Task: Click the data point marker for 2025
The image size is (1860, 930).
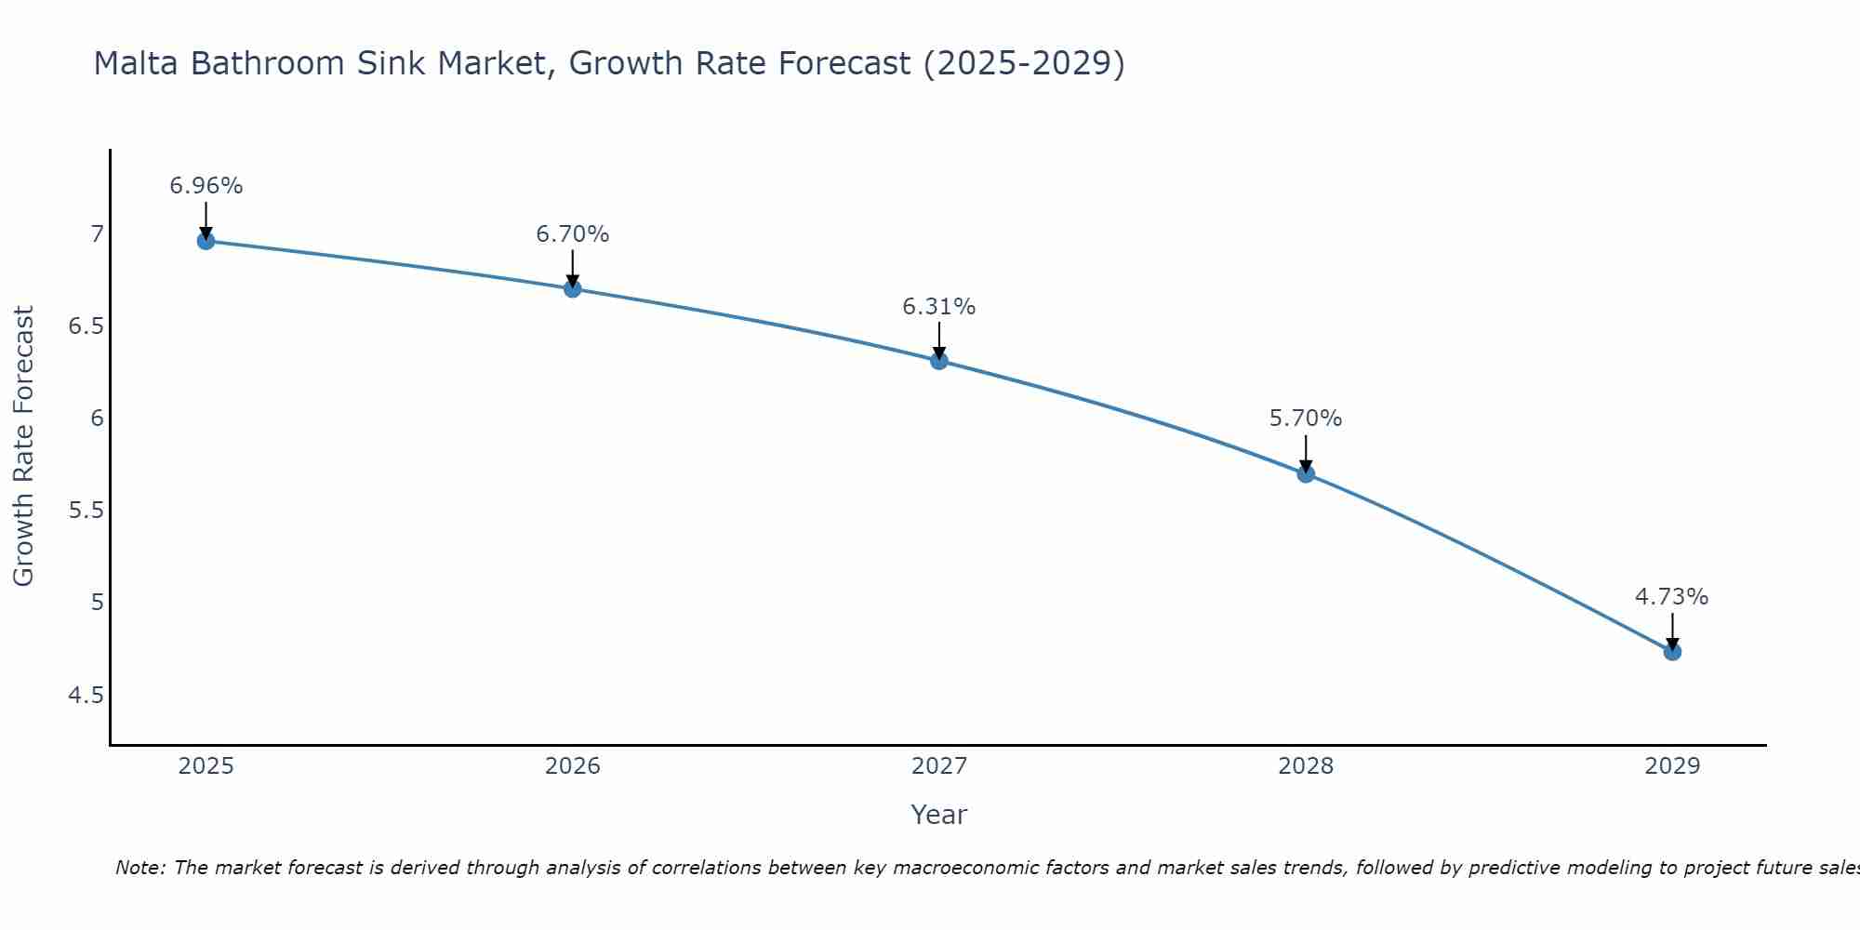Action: click(x=206, y=241)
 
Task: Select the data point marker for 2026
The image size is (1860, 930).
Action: click(x=572, y=289)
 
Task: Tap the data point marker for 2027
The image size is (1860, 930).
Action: click(x=938, y=361)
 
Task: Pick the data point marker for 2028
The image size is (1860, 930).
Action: click(x=1305, y=474)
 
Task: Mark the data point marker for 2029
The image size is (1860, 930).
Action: click(x=1671, y=652)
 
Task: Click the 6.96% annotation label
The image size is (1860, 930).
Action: click(x=206, y=186)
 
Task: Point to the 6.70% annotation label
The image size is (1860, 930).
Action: click(x=572, y=234)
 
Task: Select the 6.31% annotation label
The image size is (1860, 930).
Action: click(x=938, y=307)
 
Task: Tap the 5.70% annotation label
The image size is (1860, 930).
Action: click(x=1305, y=418)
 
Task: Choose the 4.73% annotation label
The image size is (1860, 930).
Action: click(x=1671, y=597)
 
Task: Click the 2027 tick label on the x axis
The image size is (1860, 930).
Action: click(x=938, y=766)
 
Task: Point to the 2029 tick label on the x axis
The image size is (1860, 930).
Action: click(x=1671, y=766)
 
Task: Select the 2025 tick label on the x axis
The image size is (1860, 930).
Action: click(x=206, y=766)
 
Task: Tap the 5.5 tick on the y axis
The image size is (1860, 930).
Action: click(x=86, y=511)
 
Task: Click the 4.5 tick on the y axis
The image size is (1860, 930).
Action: click(x=86, y=696)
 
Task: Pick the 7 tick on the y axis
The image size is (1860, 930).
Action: click(x=97, y=234)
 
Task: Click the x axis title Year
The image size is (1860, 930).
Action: click(x=938, y=815)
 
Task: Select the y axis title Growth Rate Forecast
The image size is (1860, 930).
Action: click(x=23, y=446)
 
